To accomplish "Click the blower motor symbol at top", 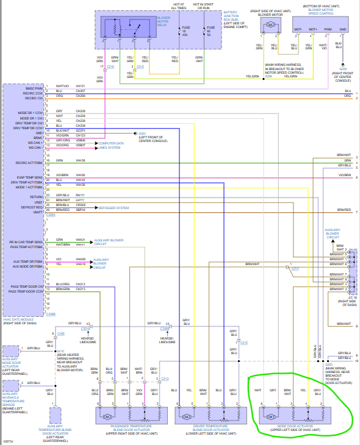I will [268, 24].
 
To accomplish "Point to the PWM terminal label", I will [328, 29].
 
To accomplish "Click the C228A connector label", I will [51, 215].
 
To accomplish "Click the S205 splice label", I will [329, 365].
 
